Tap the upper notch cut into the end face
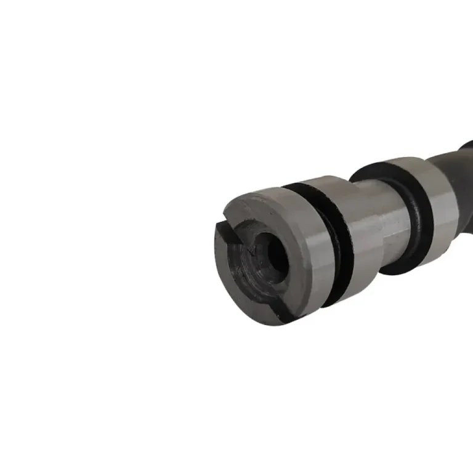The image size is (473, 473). point(229,229)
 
